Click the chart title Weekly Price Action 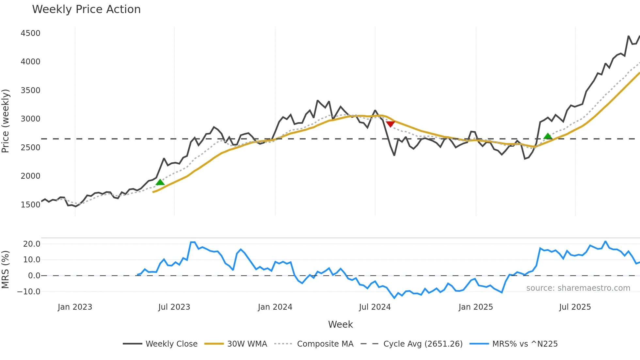tap(86, 9)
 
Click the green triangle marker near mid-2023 tap(160, 182)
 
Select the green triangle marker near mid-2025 tap(548, 136)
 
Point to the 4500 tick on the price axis tap(30, 33)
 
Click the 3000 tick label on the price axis tap(30, 119)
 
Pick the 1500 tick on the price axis tap(30, 205)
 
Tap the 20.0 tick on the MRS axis tap(32, 244)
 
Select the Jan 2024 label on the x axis tap(275, 307)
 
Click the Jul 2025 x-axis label tap(575, 307)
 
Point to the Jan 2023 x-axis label tap(75, 307)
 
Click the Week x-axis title tap(340, 324)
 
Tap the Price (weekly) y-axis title tap(6, 121)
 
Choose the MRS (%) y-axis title tap(6, 270)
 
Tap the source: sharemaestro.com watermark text tap(578, 288)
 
